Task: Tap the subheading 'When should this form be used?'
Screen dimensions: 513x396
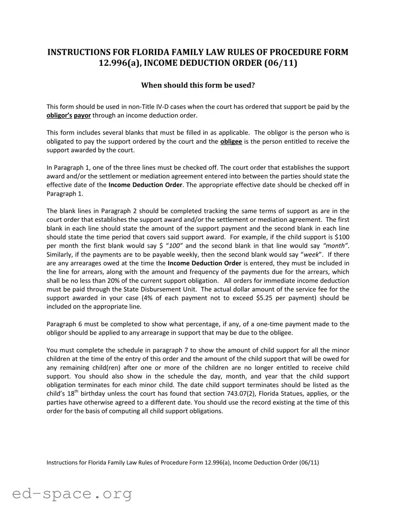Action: pos(198,85)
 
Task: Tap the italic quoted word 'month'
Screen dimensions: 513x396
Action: pos(336,246)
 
